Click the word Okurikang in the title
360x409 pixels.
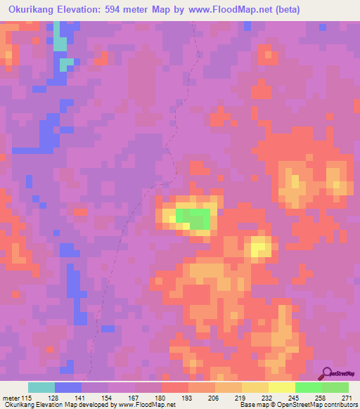point(36,10)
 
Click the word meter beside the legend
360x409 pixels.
point(11,397)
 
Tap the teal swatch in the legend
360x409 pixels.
point(41,387)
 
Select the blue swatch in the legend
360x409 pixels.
point(68,387)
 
